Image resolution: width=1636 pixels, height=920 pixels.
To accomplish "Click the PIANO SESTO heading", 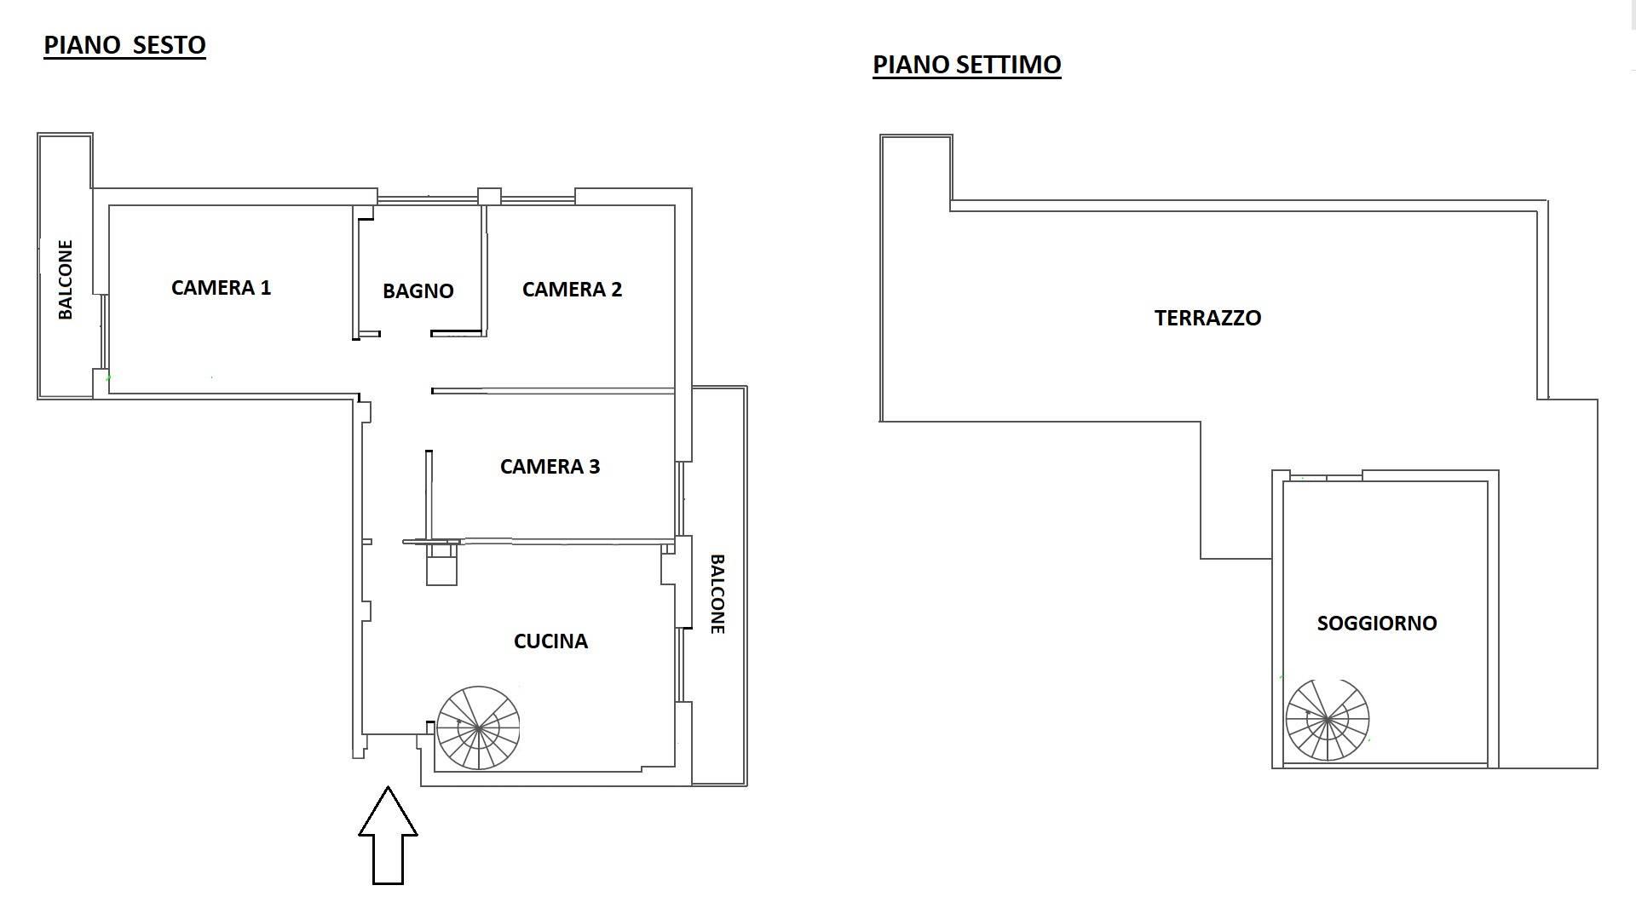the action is [x=124, y=45].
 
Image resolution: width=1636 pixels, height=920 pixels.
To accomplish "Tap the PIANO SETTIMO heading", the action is [x=967, y=65].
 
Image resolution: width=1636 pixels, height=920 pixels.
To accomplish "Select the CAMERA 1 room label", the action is [x=221, y=288].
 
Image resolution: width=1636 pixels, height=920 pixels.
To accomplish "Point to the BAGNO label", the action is [x=418, y=291].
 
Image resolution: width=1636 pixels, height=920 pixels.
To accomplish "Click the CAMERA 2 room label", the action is [x=572, y=290].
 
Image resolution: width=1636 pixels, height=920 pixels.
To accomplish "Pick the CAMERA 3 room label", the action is [x=550, y=467].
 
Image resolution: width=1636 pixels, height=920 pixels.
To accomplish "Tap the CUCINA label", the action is [x=550, y=641].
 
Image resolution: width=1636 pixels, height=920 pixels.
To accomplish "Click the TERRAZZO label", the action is [x=1207, y=318].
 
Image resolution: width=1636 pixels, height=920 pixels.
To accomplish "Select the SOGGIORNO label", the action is [x=1377, y=624].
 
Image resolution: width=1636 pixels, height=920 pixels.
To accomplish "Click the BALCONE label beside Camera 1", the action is [x=66, y=279].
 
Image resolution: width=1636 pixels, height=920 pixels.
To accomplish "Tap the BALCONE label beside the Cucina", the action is [x=717, y=594].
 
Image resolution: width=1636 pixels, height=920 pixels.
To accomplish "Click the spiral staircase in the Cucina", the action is [x=478, y=727].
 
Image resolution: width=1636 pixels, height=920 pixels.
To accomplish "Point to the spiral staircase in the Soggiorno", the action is [x=1328, y=720].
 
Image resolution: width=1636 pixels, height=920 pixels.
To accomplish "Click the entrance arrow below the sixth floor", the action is [x=388, y=835].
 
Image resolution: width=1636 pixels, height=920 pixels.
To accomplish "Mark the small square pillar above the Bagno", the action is [x=489, y=197].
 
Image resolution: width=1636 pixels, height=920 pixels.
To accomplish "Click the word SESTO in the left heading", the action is [x=169, y=45].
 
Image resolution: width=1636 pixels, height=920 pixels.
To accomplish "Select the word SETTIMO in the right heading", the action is [x=1012, y=65].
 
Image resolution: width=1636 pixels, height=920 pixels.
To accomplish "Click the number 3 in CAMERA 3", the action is [x=594, y=467].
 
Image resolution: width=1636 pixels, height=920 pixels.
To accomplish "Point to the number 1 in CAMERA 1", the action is [x=266, y=288].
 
